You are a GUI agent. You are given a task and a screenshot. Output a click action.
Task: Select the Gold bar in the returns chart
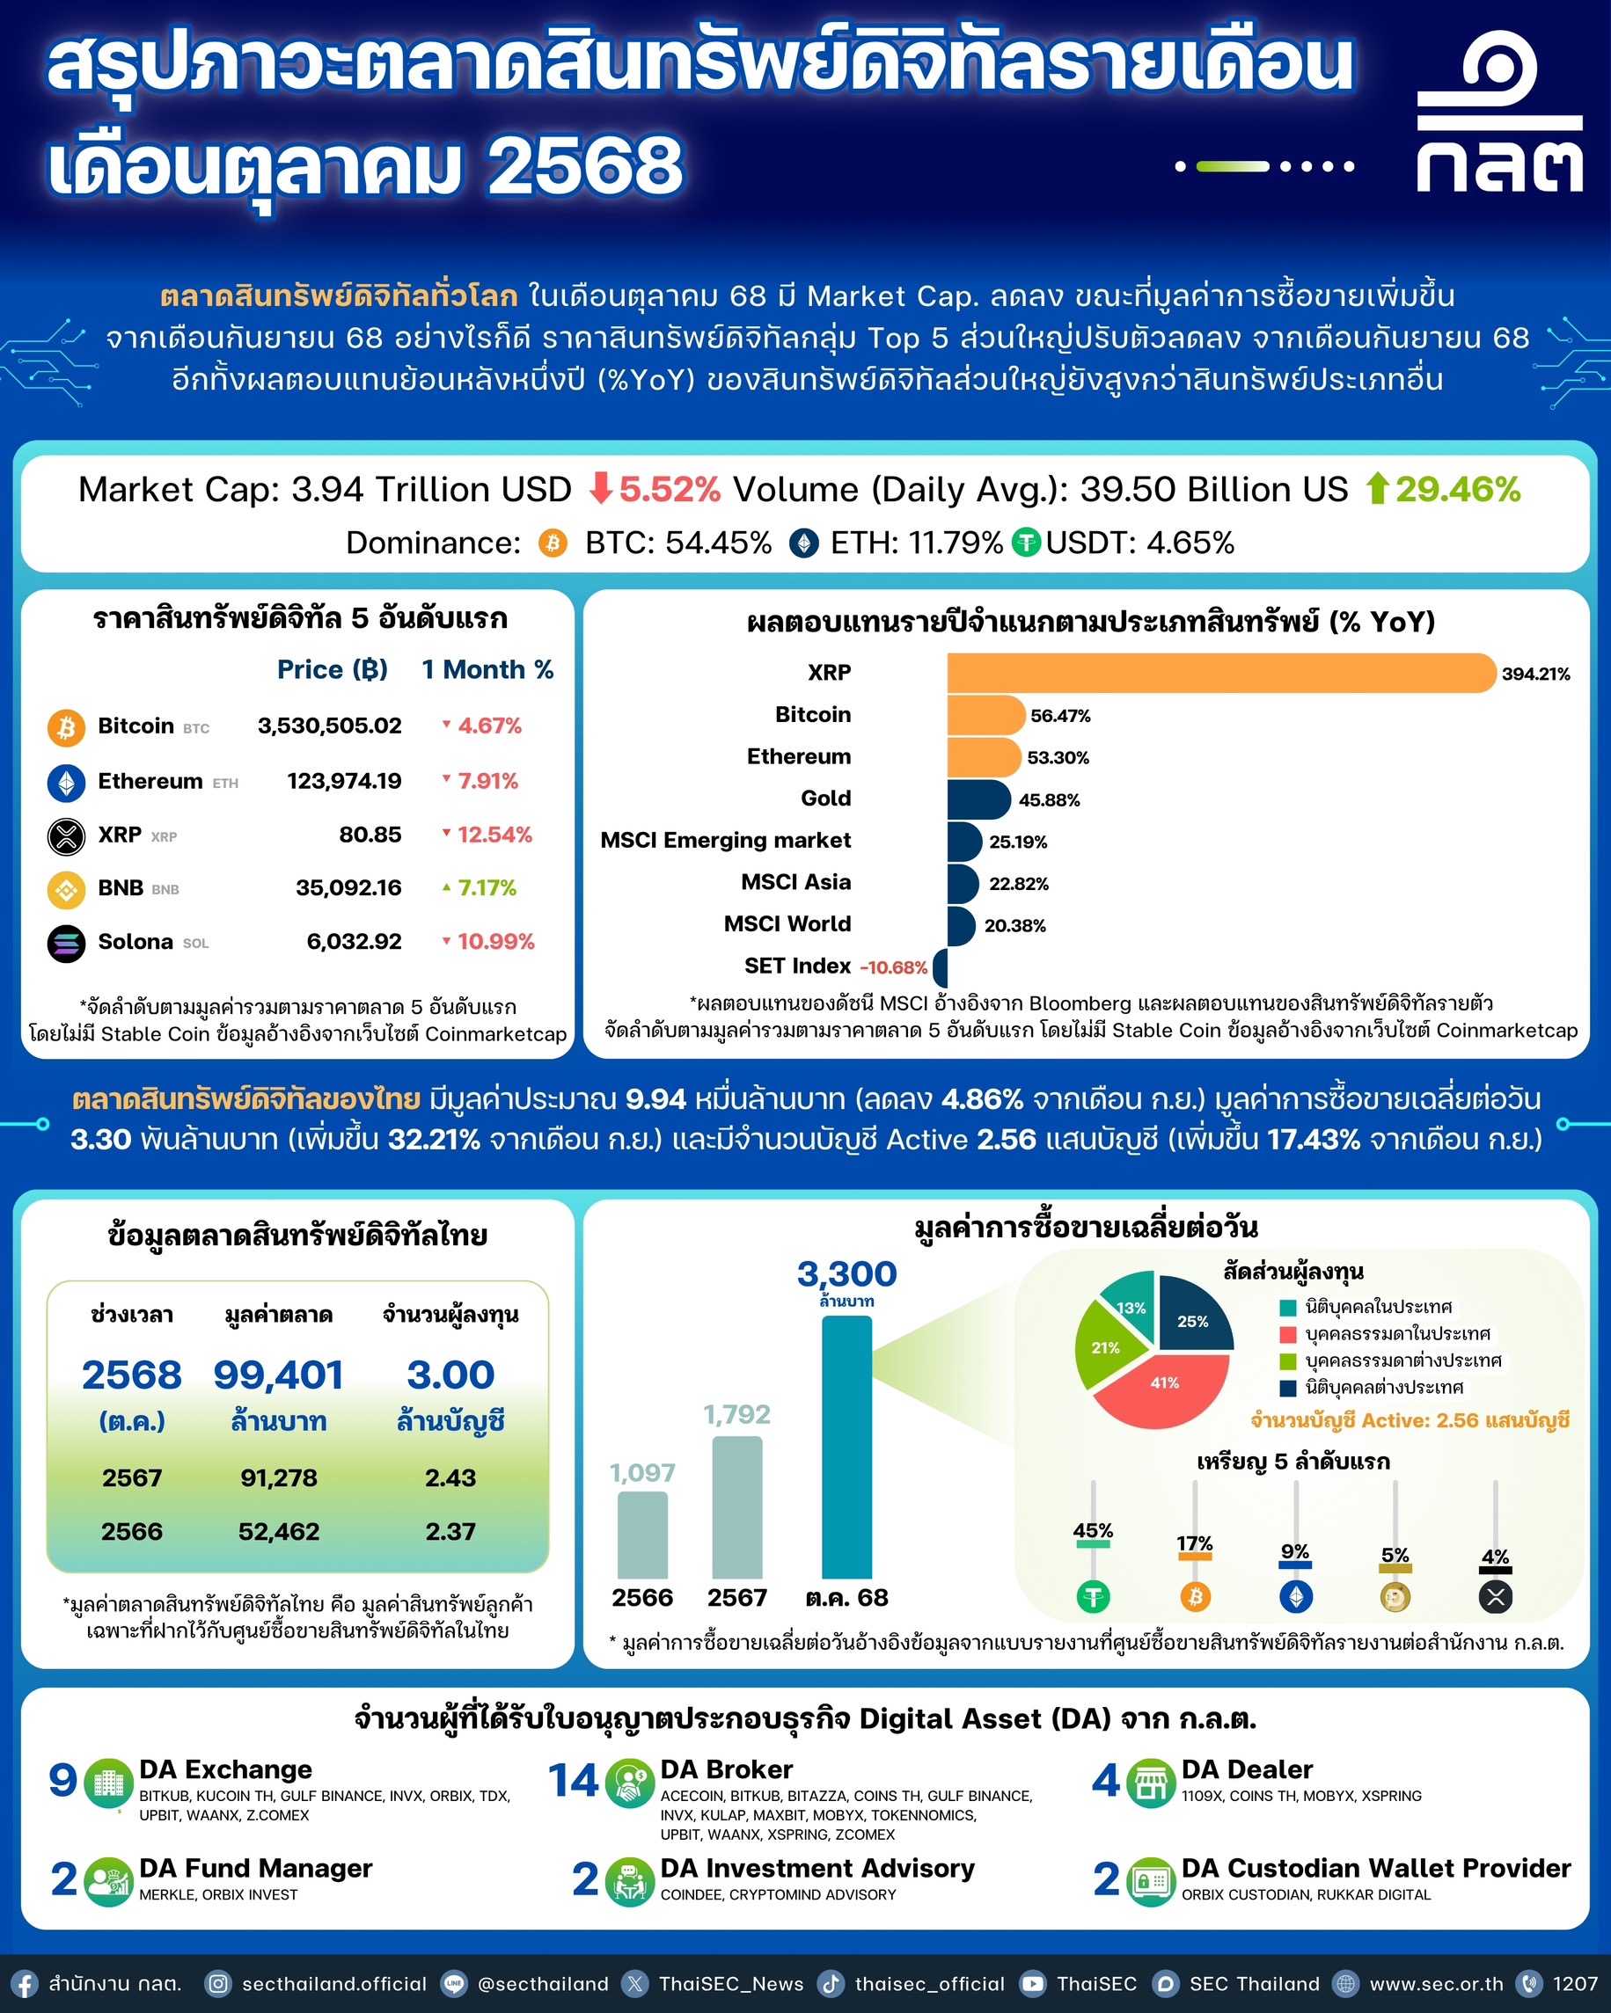coord(977,799)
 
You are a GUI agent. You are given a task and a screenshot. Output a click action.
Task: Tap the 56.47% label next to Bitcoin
coord(1060,716)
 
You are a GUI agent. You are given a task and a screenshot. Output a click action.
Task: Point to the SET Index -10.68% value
coord(893,967)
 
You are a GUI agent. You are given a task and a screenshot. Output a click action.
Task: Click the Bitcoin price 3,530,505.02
coord(330,726)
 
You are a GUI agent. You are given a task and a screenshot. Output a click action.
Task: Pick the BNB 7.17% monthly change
coord(486,887)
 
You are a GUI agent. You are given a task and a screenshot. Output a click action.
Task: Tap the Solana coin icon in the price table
coord(66,942)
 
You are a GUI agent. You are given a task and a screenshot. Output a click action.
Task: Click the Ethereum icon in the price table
coord(66,782)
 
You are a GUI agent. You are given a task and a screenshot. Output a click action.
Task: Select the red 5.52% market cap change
coord(669,489)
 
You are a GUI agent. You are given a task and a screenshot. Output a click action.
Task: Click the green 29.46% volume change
coord(1457,489)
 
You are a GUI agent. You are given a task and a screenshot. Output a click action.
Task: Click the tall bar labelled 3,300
coord(846,1448)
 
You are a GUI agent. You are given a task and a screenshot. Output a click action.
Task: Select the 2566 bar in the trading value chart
coord(642,1535)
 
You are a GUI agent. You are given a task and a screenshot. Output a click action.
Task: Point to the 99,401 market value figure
coord(278,1375)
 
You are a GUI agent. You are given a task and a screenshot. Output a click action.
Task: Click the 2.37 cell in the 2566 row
coord(450,1531)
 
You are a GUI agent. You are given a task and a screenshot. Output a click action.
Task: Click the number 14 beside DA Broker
coord(573,1781)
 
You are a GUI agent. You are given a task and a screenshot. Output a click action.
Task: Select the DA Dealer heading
coord(1247,1769)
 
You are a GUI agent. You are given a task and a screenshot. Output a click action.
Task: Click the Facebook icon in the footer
coord(24,1984)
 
